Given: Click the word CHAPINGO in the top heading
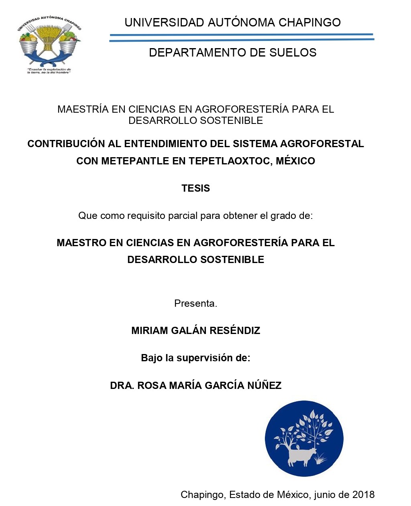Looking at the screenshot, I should pos(309,22).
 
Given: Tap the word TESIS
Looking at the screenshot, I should pos(195,188).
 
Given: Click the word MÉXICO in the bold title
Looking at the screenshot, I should pos(295,161).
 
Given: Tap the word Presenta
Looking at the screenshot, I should pos(195,304).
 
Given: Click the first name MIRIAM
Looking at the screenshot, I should pos(149,331).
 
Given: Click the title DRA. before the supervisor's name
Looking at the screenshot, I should pos(122,386).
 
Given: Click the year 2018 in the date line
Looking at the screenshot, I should pos(363,495).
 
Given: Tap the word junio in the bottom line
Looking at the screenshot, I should pos(326,495).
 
